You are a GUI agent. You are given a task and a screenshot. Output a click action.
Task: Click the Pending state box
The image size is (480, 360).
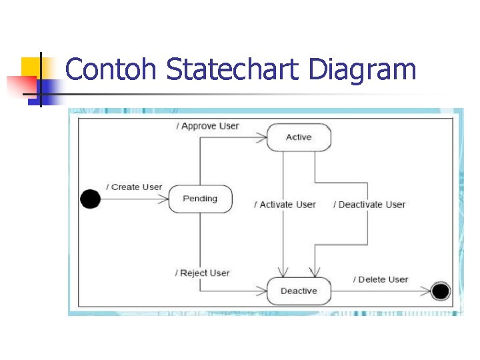pos(200,199)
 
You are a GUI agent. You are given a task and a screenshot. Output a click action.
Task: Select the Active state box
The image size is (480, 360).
pos(299,137)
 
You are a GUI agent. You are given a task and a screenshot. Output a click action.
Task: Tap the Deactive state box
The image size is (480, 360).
pos(299,291)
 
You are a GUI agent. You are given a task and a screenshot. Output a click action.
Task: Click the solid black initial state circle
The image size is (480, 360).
pos(90,199)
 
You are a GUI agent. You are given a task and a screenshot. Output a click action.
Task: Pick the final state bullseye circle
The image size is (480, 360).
pos(440,291)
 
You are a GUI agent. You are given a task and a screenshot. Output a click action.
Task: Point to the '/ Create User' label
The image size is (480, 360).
pos(133,187)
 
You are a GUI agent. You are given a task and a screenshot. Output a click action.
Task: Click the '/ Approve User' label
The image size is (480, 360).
pos(207,126)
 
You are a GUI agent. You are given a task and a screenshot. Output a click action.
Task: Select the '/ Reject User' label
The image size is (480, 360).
pos(203,273)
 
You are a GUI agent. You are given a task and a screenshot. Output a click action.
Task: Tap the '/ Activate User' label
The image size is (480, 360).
pos(285,205)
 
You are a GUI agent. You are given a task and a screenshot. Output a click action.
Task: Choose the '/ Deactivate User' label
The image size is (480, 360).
pos(369,205)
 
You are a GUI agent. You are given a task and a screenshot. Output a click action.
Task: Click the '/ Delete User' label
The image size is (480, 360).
pos(380,279)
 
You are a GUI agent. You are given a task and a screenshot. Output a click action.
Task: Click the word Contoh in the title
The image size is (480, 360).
pos(111,69)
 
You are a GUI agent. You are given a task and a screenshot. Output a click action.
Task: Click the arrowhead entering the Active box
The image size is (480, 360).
pos(261,138)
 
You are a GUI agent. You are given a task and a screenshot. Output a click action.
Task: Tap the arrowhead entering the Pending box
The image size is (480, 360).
pos(163,199)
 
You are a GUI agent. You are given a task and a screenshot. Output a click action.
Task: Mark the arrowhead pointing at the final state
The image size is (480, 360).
pos(426,291)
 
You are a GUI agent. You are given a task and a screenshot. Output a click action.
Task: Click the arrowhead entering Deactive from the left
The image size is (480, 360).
pos(261,291)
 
